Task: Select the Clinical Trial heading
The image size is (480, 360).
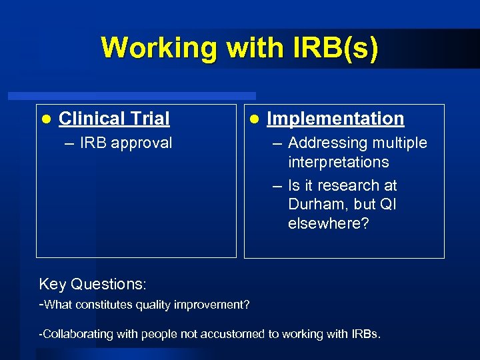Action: (x=114, y=119)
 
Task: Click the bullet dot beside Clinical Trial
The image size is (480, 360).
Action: (x=45, y=119)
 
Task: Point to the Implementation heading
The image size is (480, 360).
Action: (x=335, y=119)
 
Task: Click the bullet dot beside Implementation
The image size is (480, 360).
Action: (x=253, y=119)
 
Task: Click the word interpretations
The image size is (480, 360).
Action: (x=338, y=162)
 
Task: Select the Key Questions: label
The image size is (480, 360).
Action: (x=92, y=284)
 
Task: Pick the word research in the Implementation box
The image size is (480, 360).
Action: (x=343, y=185)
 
